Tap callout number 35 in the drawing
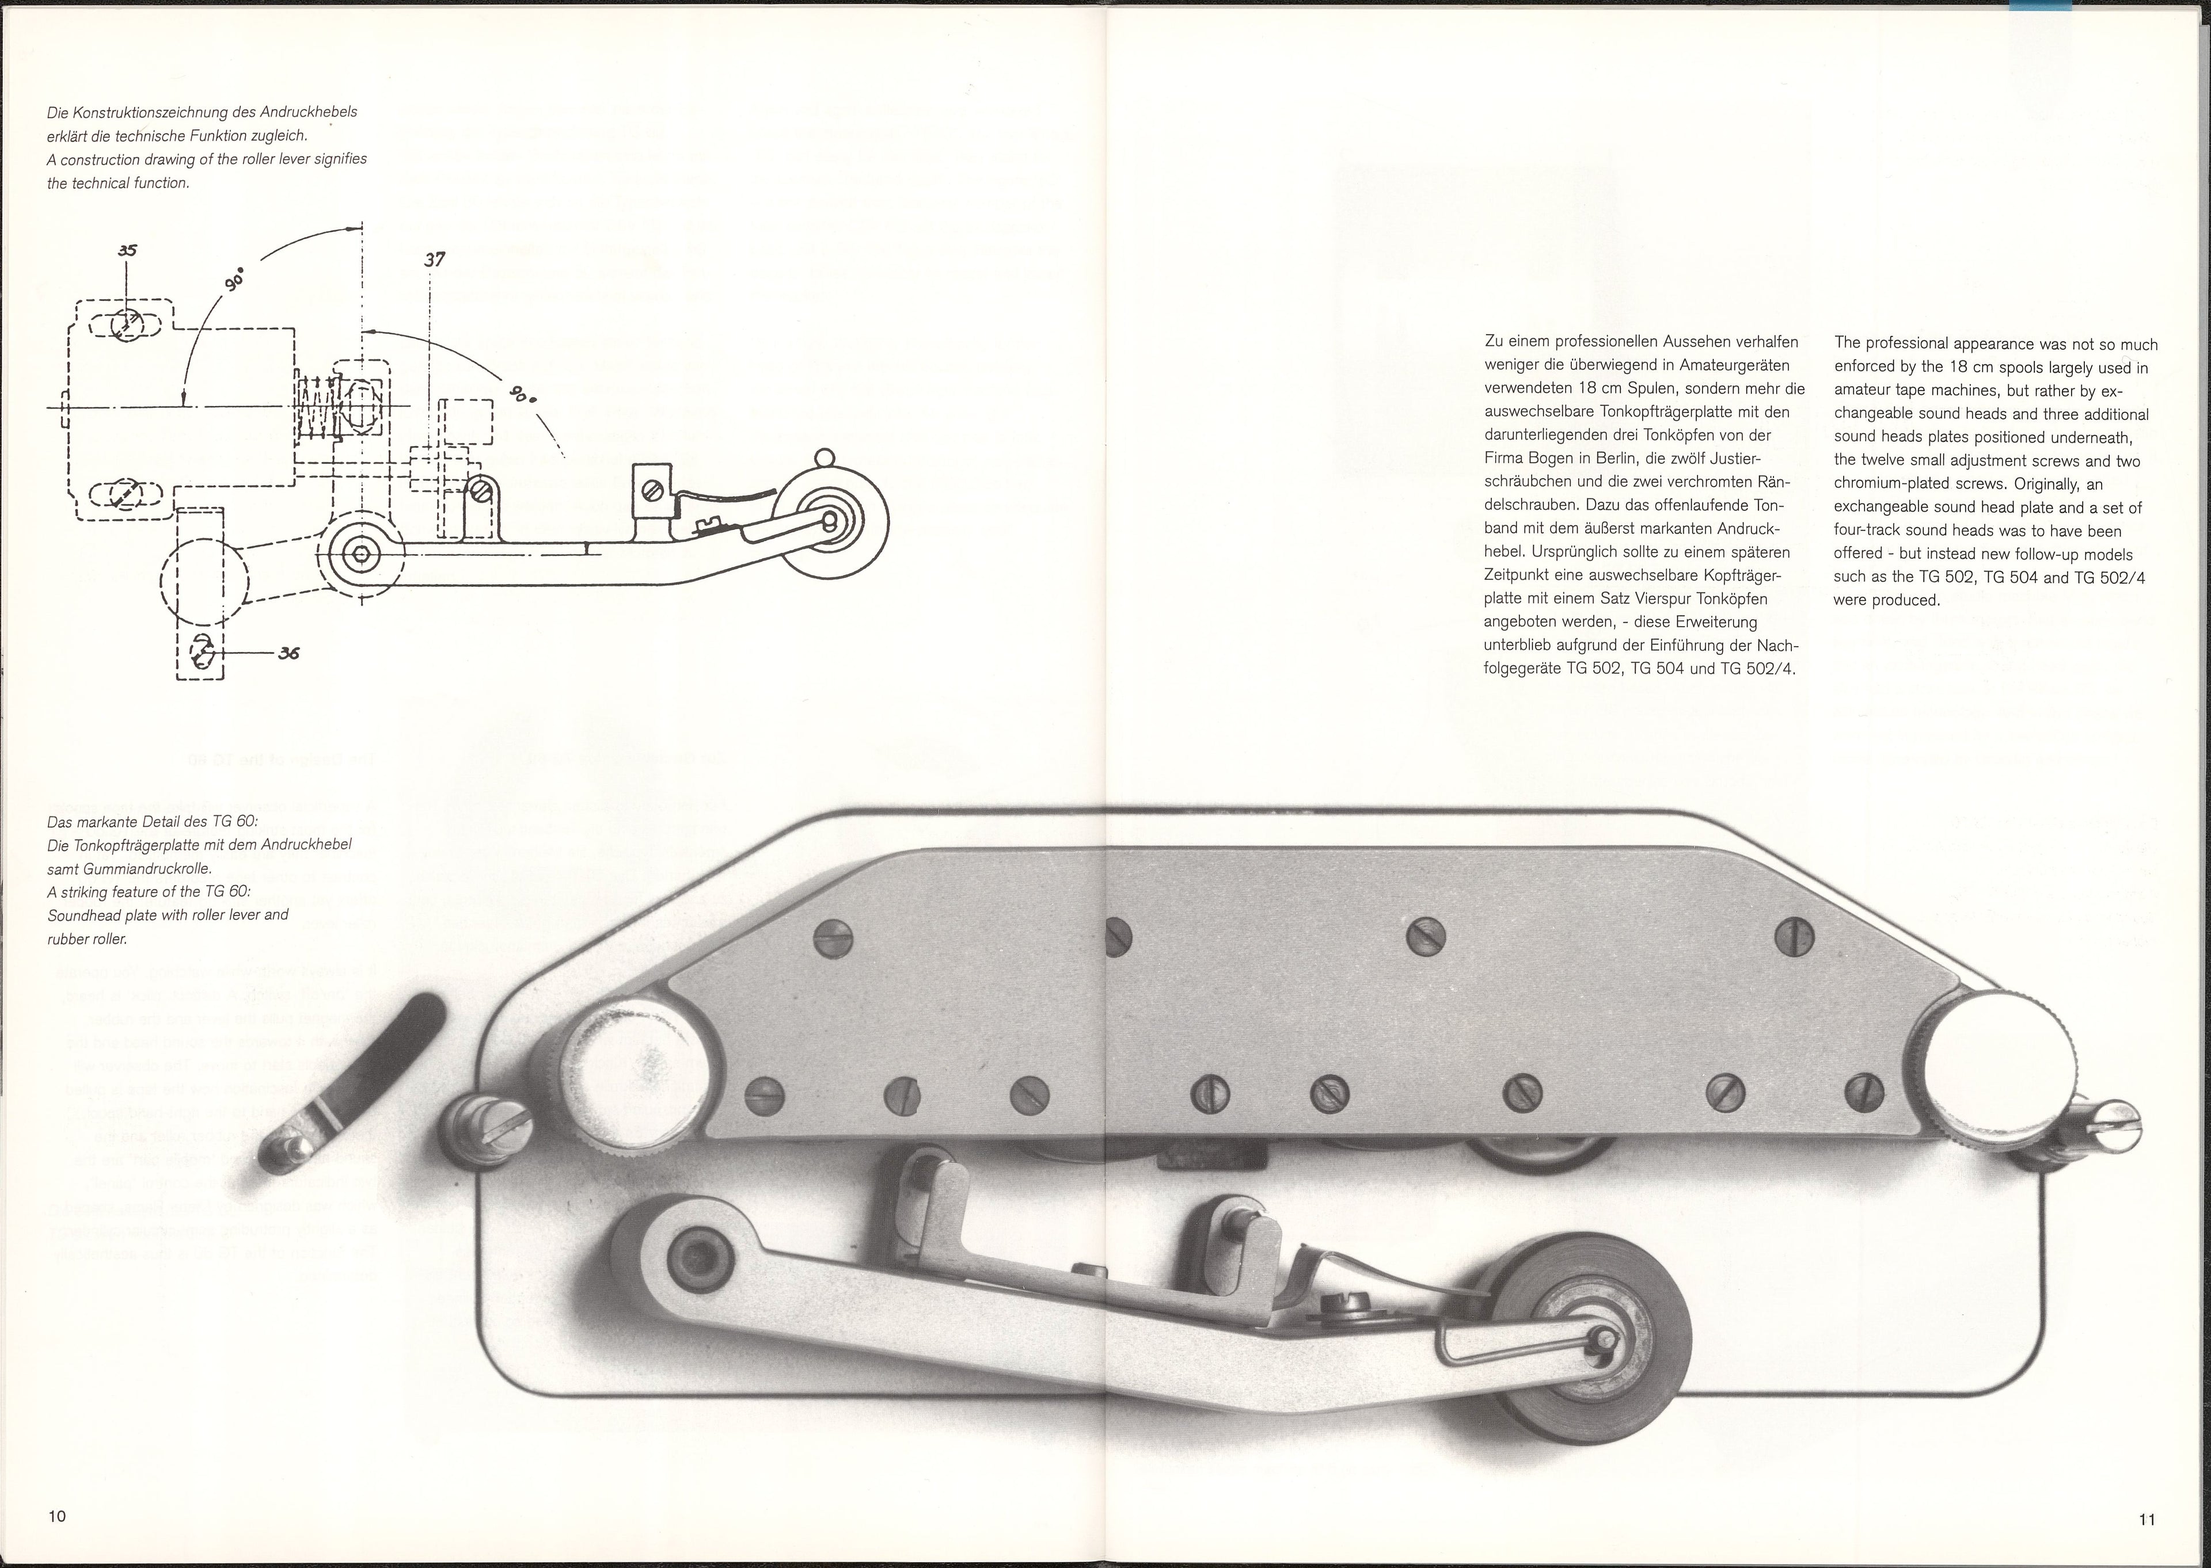coord(127,250)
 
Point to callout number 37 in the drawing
coord(435,260)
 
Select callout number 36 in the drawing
coord(288,653)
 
